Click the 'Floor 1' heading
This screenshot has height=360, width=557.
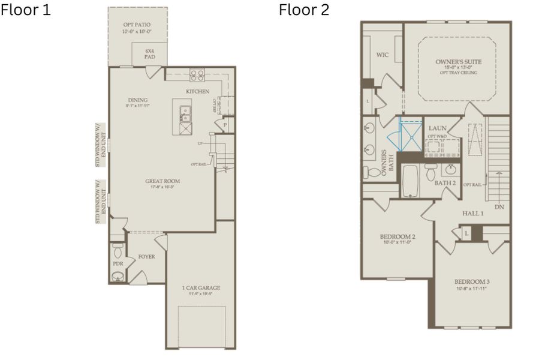click(26, 11)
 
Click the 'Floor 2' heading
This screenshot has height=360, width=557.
click(303, 11)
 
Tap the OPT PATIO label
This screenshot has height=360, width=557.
click(137, 24)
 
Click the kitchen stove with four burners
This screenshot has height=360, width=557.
click(197, 75)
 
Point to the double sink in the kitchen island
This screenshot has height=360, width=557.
click(185, 111)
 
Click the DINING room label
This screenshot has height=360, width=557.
click(137, 100)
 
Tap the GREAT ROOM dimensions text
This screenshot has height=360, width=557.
click(162, 187)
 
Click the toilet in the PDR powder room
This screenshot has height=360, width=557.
click(118, 248)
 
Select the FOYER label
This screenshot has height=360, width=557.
click(146, 257)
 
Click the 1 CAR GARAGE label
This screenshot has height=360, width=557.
click(201, 288)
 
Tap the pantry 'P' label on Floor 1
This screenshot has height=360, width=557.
click(225, 125)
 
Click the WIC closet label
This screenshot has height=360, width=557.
click(382, 55)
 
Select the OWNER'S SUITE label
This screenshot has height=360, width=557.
click(457, 62)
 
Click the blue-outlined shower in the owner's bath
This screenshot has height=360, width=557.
click(411, 135)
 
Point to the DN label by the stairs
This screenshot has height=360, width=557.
click(499, 207)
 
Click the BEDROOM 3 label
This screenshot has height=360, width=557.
click(471, 282)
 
